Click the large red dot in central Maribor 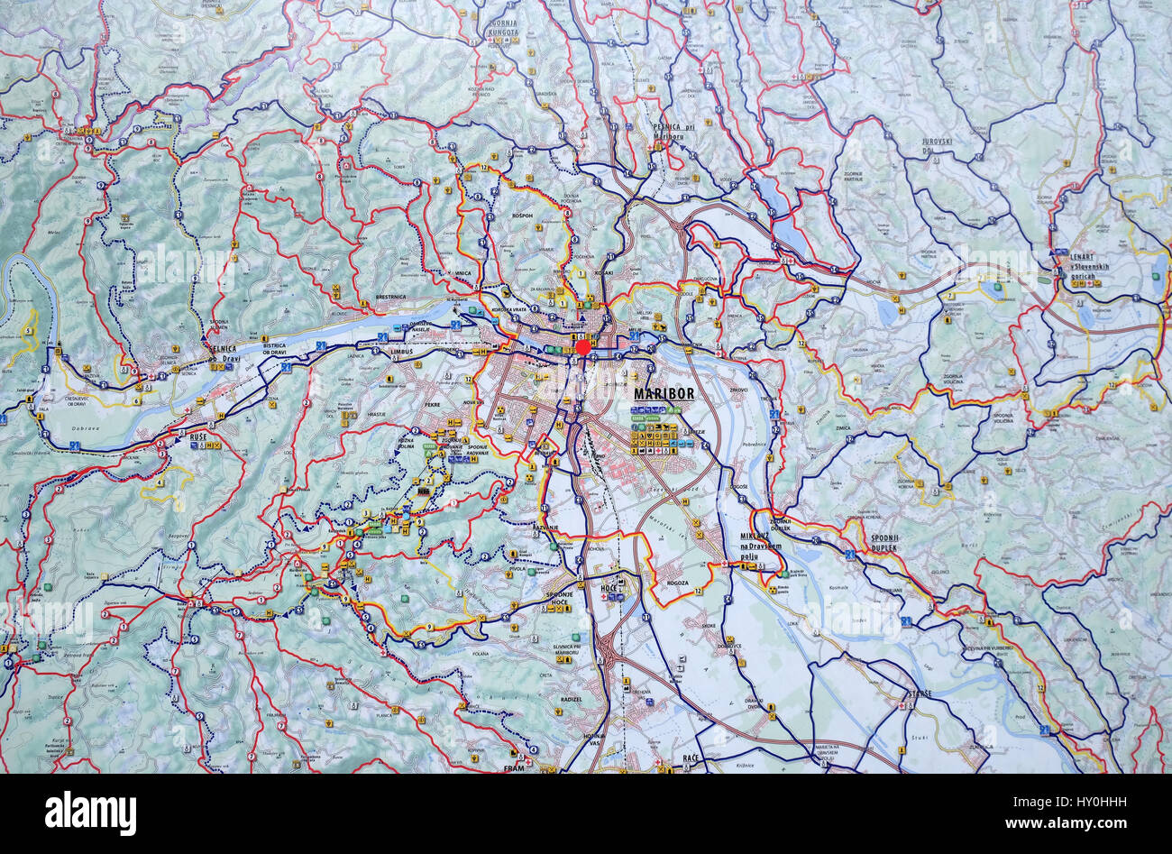coord(583,346)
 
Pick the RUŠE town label coord(197,436)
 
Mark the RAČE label coord(691,758)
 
